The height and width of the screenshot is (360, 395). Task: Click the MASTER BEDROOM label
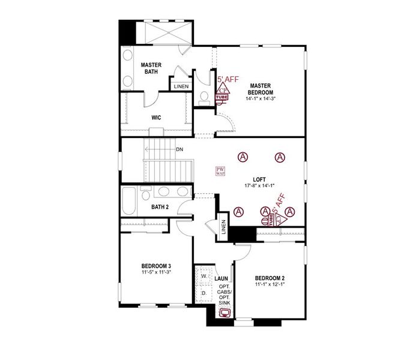[x=262, y=89]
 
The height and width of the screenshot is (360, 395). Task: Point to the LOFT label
[x=259, y=179]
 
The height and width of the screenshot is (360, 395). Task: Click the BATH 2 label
[x=160, y=207]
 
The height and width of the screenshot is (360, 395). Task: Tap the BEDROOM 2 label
[x=270, y=278]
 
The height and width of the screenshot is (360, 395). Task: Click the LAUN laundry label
[x=221, y=278]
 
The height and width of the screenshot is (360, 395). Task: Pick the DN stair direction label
[x=179, y=149]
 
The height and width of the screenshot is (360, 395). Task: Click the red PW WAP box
[x=220, y=170]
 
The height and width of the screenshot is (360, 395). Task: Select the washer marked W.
[x=203, y=277]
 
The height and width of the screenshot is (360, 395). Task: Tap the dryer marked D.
[x=203, y=293]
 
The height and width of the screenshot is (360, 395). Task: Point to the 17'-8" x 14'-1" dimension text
[x=259, y=186]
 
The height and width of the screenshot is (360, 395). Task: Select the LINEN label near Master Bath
[x=181, y=86]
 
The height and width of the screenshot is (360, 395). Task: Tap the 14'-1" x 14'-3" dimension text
[x=262, y=99]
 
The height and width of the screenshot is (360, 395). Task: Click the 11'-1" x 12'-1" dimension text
[x=270, y=285]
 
